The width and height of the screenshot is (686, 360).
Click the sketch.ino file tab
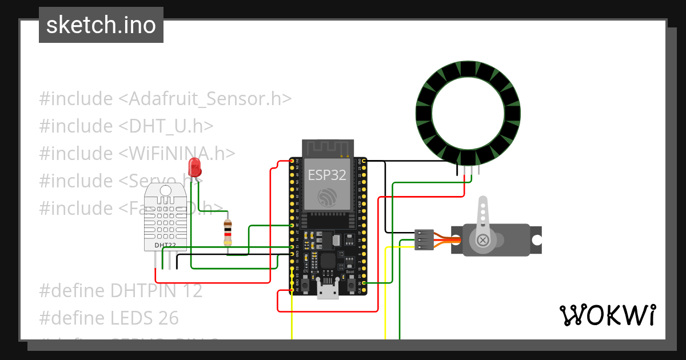[101, 25]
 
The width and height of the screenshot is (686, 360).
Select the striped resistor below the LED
[228, 233]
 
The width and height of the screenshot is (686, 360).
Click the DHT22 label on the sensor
[165, 245]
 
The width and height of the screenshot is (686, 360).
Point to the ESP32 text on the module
[327, 175]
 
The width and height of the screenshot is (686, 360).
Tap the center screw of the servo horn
[483, 240]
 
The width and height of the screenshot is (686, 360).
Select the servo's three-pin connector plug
[424, 240]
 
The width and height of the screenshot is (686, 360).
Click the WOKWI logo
[607, 315]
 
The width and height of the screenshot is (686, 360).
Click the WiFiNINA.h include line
[137, 153]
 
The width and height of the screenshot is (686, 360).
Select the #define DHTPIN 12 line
[121, 291]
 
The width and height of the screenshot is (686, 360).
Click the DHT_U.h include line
[126, 126]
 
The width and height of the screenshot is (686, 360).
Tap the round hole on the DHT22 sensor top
[166, 190]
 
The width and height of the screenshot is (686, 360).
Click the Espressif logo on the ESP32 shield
[327, 197]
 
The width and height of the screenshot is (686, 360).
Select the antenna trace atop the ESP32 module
[327, 148]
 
